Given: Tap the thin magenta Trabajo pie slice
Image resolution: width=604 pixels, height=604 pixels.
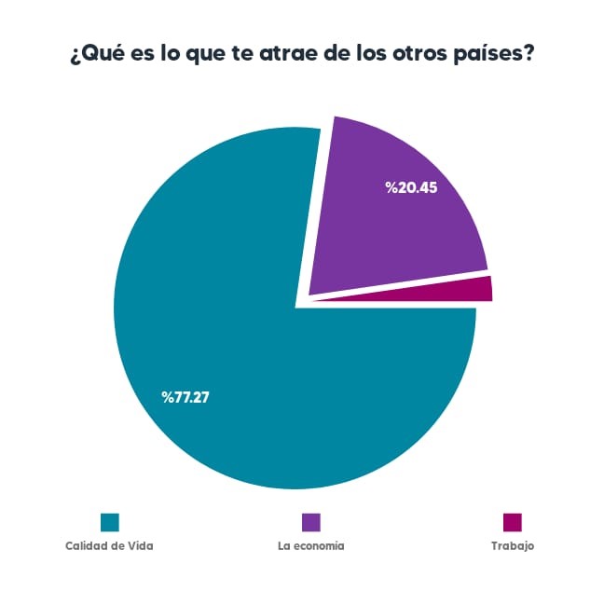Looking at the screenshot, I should [466, 290].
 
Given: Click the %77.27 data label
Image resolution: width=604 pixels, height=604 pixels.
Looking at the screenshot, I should [191, 398].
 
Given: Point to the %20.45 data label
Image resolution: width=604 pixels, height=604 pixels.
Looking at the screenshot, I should [411, 187].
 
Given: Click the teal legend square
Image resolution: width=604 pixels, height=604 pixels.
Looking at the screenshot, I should [109, 522].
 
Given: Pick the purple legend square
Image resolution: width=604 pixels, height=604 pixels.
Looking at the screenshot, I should [310, 522].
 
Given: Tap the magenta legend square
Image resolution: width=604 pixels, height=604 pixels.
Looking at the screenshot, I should [512, 522].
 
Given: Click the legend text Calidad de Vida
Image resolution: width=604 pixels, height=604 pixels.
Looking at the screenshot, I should [109, 546].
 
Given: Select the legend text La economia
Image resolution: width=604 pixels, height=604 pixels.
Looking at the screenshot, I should [310, 546].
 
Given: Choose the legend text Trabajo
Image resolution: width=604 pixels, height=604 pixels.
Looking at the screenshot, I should [513, 546].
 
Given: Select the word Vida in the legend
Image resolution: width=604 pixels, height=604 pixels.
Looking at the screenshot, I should [140, 546].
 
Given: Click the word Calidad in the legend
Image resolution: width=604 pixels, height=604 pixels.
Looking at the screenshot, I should [86, 546].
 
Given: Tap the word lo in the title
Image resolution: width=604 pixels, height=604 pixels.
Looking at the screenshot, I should [163, 54].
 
